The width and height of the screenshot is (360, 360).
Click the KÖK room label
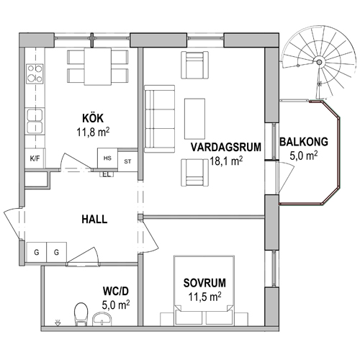click(93, 119)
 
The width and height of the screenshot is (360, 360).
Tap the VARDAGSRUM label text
click(226, 147)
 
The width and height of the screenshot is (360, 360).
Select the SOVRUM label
click(204, 283)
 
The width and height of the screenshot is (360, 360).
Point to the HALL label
click(94, 220)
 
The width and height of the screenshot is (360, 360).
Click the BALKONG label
click(304, 142)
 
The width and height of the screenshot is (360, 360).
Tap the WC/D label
click(116, 291)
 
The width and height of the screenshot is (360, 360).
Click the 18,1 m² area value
click(226, 161)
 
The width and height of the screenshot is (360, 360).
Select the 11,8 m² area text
click(93, 132)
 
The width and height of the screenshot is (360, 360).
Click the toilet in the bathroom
click(81, 314)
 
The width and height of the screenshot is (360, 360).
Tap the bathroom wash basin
click(102, 319)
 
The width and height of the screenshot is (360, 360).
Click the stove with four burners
click(35, 73)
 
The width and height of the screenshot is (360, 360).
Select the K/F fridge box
click(35, 158)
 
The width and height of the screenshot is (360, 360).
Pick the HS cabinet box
click(107, 158)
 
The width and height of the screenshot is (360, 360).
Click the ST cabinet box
click(127, 161)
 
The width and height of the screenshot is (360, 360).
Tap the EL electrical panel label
click(107, 175)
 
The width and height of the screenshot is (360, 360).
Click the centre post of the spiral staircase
click(319, 62)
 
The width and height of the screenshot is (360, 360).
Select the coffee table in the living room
click(194, 119)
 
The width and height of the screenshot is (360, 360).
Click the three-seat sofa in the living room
click(159, 119)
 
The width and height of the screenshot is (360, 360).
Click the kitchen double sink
click(35, 121)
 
